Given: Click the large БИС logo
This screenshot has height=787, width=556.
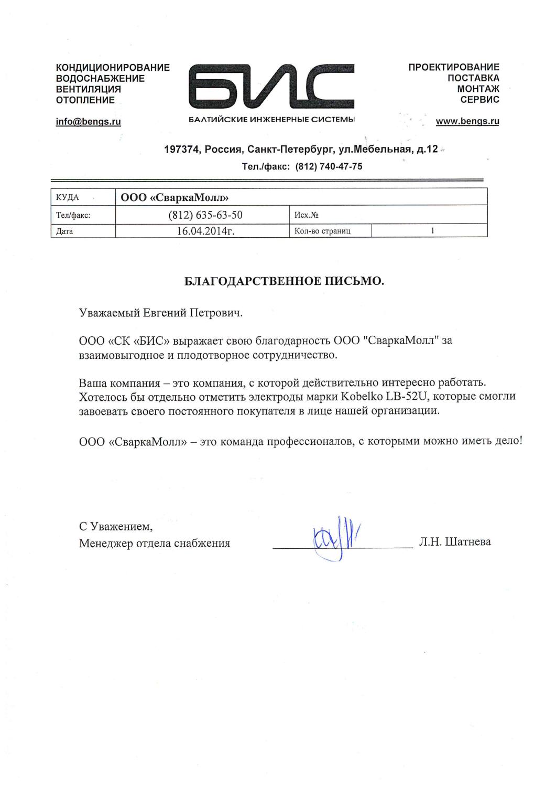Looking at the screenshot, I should point(272,86).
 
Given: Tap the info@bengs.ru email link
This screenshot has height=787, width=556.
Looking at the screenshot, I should point(88,122).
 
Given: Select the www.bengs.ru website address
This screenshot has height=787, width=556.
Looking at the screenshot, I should point(467,122).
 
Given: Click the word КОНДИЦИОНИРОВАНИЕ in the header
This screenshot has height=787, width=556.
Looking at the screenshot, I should point(113,68).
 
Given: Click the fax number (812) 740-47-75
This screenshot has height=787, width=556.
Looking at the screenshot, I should point(329,167).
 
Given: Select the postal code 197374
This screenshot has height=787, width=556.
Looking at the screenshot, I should point(182,150).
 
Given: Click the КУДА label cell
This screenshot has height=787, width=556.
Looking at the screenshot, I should point(67,197).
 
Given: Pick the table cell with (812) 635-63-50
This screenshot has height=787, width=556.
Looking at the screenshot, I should point(205,215).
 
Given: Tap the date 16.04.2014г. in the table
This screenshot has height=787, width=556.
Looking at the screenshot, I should point(205,231).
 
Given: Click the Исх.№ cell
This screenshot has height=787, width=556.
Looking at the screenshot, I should point(307,215).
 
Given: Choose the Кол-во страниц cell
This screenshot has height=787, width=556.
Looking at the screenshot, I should point(323,231).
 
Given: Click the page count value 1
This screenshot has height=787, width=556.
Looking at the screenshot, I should point(432,230).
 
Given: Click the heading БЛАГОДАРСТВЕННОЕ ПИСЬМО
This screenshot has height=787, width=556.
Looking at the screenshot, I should point(285,282).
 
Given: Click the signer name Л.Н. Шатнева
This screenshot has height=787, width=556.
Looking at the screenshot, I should point(455,542).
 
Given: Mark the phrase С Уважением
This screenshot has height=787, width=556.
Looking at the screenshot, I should point(116,526).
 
